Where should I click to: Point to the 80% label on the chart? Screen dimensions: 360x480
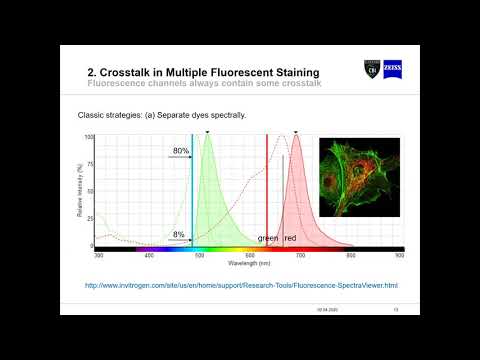click(179, 151)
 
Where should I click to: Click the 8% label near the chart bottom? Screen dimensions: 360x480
click(178, 234)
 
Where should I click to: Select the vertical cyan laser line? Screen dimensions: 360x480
click(192, 190)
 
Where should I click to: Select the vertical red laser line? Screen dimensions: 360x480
click(267, 190)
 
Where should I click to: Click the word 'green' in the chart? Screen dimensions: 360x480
click(268, 238)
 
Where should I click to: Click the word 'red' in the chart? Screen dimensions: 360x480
click(291, 238)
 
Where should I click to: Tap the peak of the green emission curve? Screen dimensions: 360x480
click(208, 136)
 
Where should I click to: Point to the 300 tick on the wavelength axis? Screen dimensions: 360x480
click(98, 256)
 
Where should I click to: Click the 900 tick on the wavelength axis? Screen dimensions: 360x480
click(399, 256)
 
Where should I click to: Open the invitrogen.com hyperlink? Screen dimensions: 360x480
click(241, 285)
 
